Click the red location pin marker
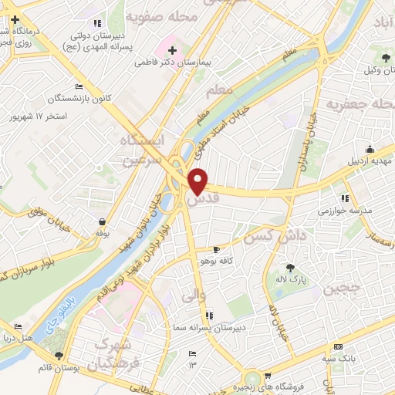199,181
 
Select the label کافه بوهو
238,262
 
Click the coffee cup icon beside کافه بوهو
216,249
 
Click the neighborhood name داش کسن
273,235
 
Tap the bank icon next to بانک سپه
336,347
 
